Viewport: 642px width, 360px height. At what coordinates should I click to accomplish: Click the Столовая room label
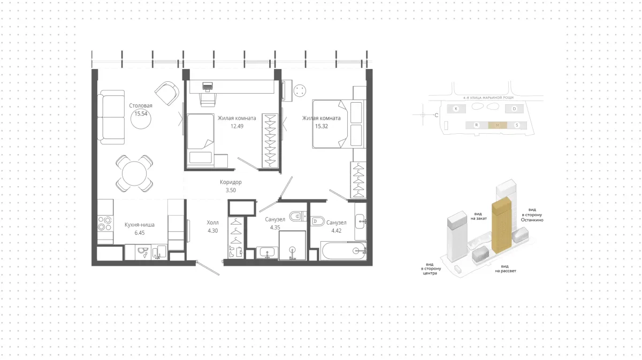point(140,105)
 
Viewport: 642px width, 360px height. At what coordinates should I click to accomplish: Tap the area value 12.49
point(237,126)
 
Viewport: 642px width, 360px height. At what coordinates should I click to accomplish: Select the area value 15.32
point(322,126)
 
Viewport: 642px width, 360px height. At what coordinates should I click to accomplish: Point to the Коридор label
point(231,182)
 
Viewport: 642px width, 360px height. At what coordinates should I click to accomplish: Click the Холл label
point(213,223)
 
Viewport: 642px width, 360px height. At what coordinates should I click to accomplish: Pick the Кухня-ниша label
point(140,225)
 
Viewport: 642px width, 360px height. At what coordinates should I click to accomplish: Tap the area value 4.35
point(275,227)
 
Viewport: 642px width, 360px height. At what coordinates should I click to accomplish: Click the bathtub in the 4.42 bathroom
point(343,251)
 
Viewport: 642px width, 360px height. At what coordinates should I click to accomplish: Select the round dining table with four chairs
point(134,174)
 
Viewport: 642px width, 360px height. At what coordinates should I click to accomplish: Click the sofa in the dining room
point(111,117)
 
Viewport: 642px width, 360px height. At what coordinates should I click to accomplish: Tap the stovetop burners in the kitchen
point(105,224)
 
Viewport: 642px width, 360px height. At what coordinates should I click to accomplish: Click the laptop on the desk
point(208,86)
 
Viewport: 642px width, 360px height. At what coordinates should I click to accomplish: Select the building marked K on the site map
point(456,109)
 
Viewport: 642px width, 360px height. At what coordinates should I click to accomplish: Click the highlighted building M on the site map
point(498,125)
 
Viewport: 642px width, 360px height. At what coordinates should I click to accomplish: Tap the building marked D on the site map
point(514,109)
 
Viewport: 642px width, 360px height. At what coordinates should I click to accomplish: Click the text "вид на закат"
point(479,216)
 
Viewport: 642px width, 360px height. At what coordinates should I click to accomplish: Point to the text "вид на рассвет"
point(506,269)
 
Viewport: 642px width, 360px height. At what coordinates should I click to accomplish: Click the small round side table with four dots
point(300,91)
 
